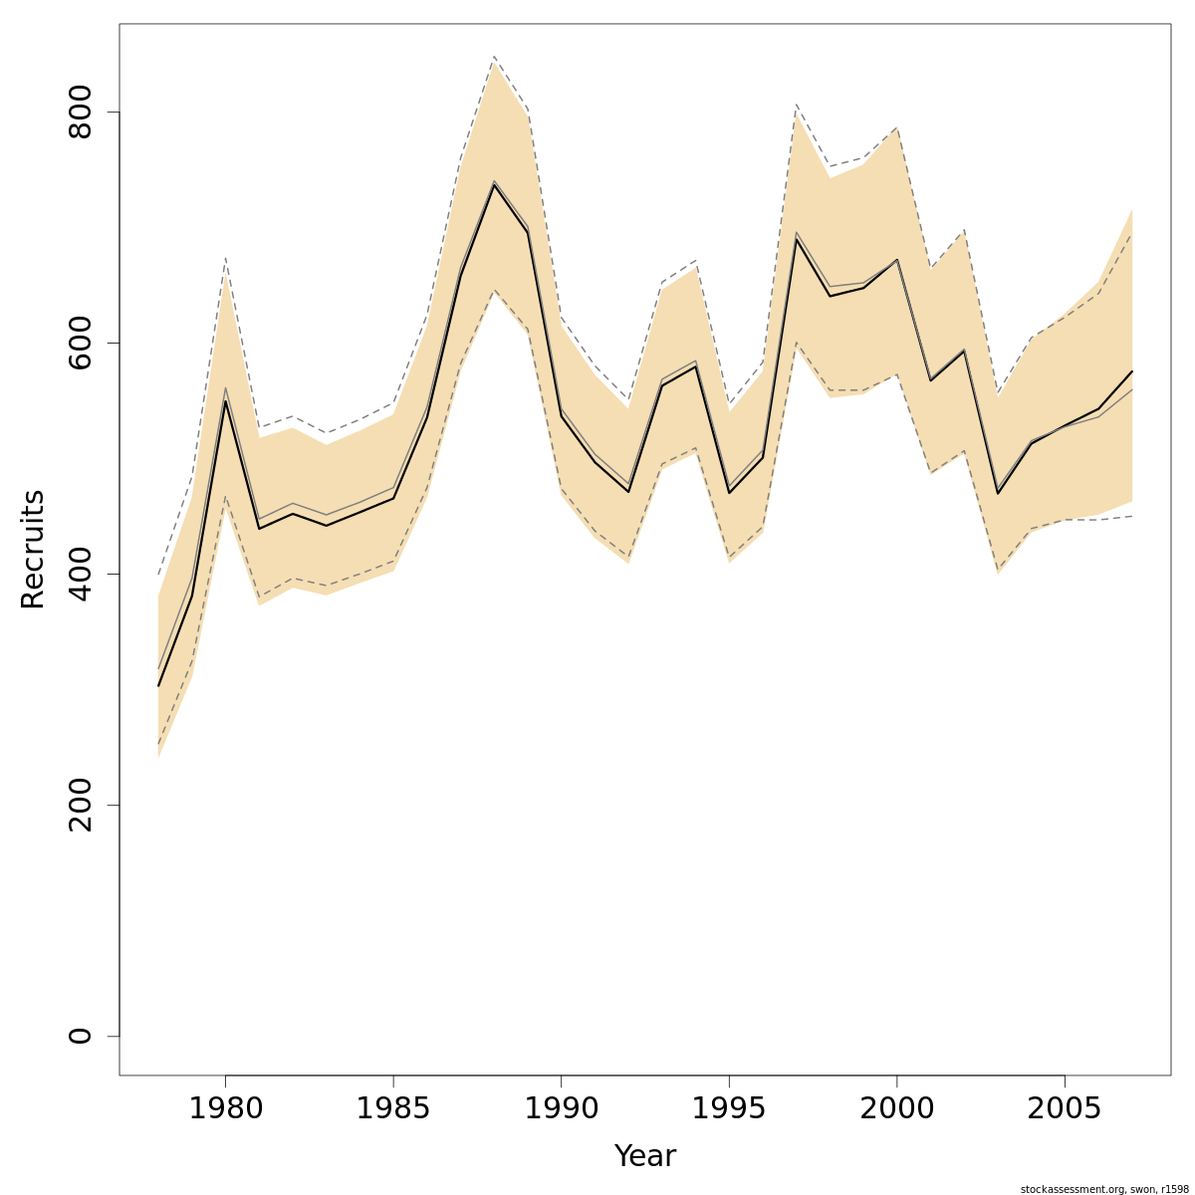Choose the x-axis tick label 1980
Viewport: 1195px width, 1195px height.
(225, 1108)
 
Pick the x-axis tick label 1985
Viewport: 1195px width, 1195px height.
(393, 1108)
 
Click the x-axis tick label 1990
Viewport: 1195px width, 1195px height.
(561, 1108)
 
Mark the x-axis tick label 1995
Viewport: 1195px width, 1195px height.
(729, 1108)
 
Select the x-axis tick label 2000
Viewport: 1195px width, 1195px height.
(897, 1108)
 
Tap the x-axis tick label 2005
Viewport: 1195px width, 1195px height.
(1066, 1108)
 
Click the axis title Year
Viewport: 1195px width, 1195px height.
(644, 1156)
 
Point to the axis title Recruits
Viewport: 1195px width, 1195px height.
(33, 549)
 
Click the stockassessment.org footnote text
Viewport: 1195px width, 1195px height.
(1104, 1189)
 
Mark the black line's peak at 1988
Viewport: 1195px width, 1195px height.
(494, 185)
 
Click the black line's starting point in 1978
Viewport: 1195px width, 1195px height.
(158, 685)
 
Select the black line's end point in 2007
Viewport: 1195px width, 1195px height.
(1132, 371)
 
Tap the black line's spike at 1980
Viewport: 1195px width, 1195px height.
(225, 401)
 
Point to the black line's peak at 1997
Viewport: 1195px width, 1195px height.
(797, 239)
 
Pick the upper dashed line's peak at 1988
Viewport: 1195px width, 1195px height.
(494, 57)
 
